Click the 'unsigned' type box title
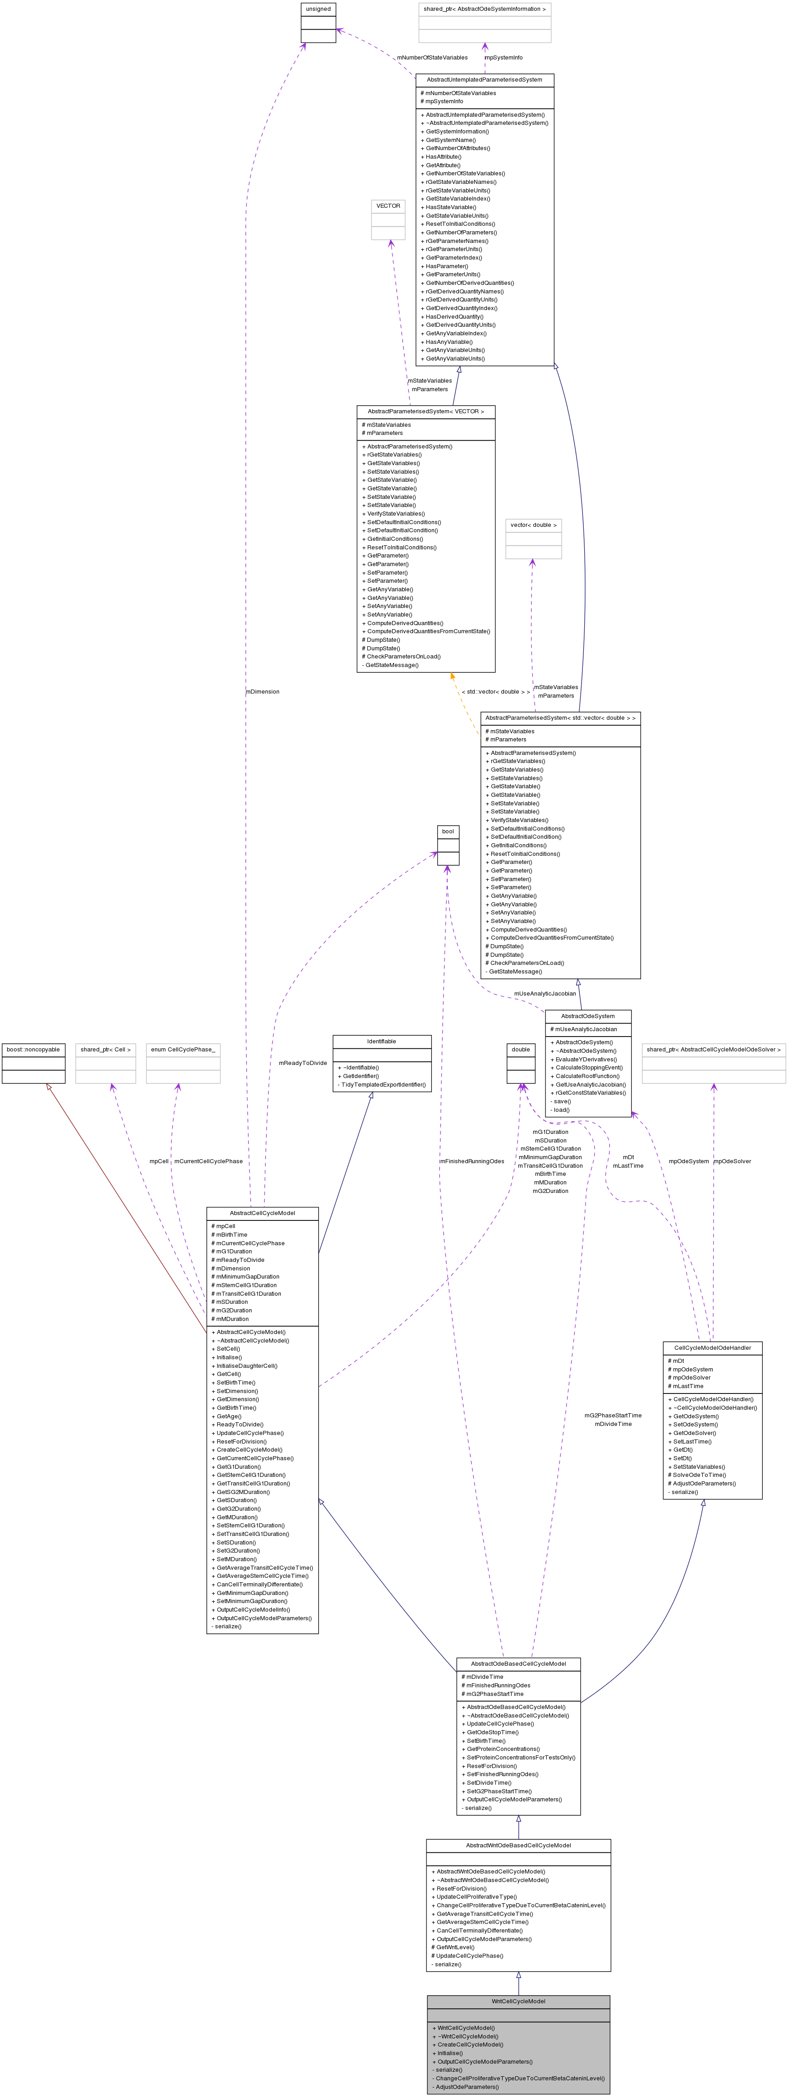[318, 9]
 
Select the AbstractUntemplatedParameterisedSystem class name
[484, 80]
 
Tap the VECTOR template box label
[388, 206]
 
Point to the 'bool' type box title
[448, 831]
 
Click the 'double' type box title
[521, 1049]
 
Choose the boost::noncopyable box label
[33, 1049]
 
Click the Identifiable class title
[382, 1041]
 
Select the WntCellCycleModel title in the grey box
[518, 2001]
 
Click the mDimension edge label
[262, 692]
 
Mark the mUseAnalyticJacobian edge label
[545, 993]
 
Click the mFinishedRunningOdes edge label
[472, 1161]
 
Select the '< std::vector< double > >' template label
[496, 692]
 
